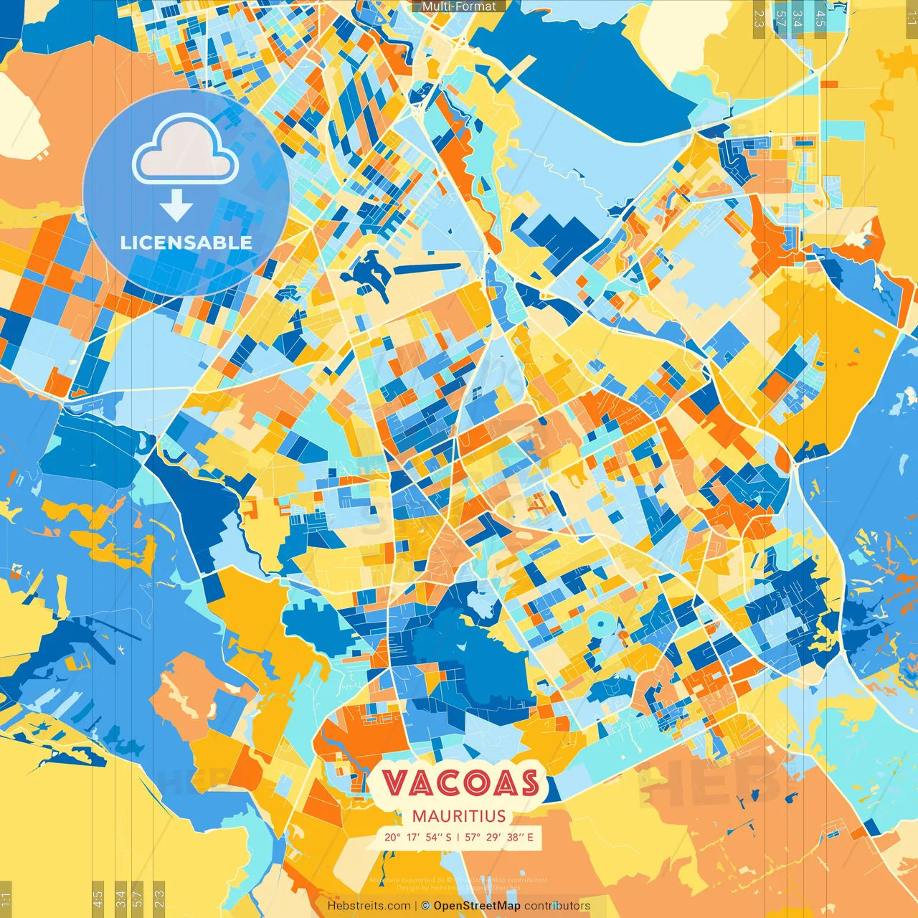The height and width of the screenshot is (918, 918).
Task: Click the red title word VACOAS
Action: coord(460,782)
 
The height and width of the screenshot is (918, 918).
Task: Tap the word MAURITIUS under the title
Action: coord(459,816)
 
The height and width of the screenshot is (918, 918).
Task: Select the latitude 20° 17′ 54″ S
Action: coord(417,837)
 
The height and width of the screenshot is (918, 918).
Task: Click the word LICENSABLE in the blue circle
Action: coord(186,242)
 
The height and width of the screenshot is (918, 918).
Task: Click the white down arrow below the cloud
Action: coord(176,205)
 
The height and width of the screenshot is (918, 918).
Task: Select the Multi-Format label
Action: coord(459,6)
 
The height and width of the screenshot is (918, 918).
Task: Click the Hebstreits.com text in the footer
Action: coord(369,906)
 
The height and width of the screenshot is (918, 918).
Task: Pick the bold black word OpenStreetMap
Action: coord(477,906)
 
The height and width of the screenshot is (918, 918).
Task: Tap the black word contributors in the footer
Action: coord(557,906)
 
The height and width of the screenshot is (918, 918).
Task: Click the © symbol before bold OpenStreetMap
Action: coord(425,906)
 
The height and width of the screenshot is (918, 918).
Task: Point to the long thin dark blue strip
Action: coord(427,268)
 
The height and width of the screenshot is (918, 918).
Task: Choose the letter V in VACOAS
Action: coord(394,782)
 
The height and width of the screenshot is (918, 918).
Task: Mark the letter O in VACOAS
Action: coord(473,782)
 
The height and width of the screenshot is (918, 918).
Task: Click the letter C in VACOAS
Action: coord(445,782)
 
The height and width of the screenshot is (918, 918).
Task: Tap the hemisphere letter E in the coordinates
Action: coord(530,837)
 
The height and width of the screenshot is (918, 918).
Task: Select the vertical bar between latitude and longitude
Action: coord(458,837)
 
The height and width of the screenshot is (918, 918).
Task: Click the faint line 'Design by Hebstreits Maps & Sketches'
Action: coord(458,887)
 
